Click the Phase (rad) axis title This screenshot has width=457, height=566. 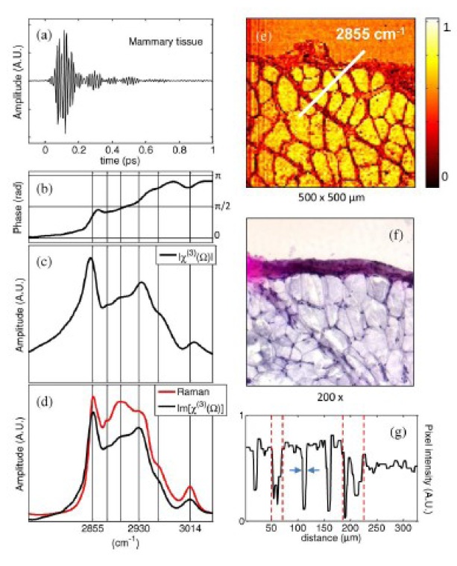[x=18, y=206]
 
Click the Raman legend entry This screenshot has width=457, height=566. [x=186, y=389]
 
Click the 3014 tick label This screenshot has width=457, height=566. [x=190, y=526]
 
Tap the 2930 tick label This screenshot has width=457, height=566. [x=139, y=526]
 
